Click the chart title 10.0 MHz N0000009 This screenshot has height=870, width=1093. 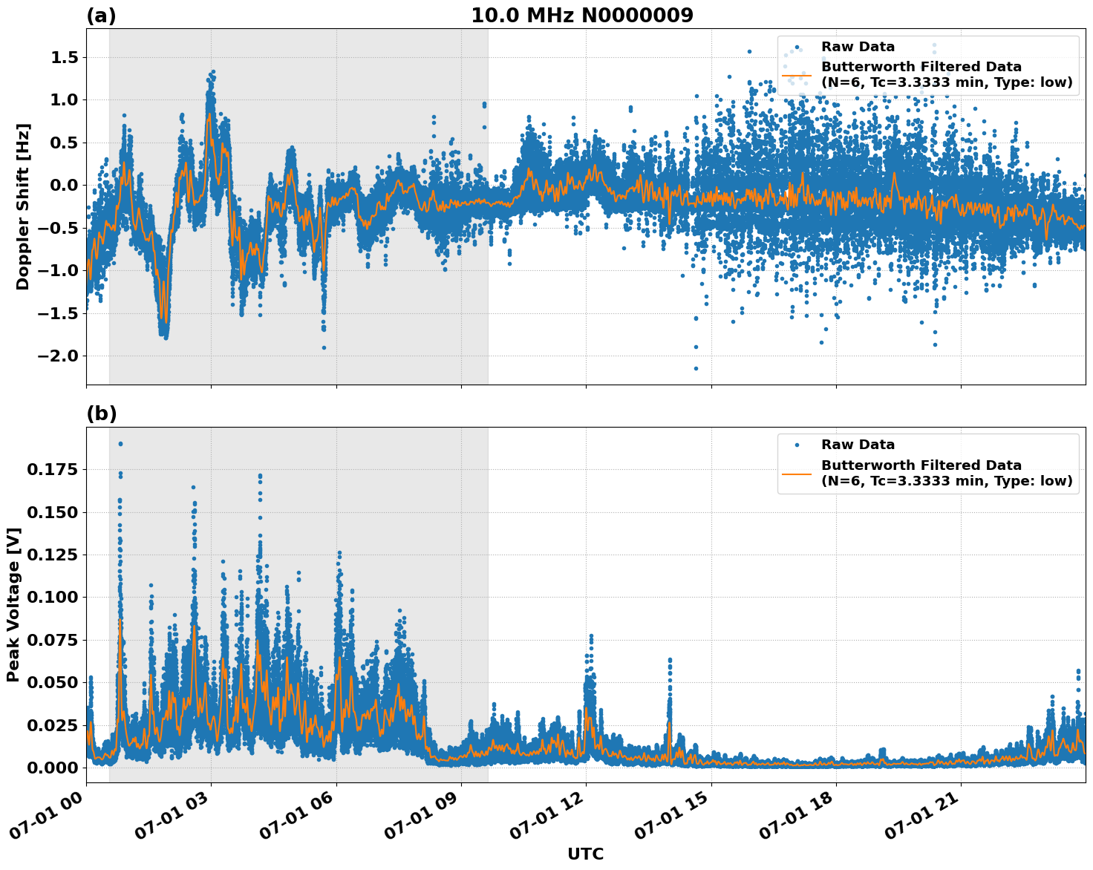click(581, 16)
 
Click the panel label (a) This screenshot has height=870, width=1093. click(101, 16)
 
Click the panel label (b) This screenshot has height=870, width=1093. click(101, 414)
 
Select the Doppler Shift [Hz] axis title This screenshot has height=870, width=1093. click(23, 206)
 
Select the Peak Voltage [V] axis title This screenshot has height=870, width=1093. click(13, 604)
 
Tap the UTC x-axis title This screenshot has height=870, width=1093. click(585, 854)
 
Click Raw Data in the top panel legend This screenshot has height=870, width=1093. click(858, 47)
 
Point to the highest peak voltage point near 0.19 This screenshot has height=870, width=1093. click(120, 444)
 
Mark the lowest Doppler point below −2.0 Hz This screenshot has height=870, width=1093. click(696, 368)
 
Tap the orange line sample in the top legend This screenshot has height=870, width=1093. click(797, 74)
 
